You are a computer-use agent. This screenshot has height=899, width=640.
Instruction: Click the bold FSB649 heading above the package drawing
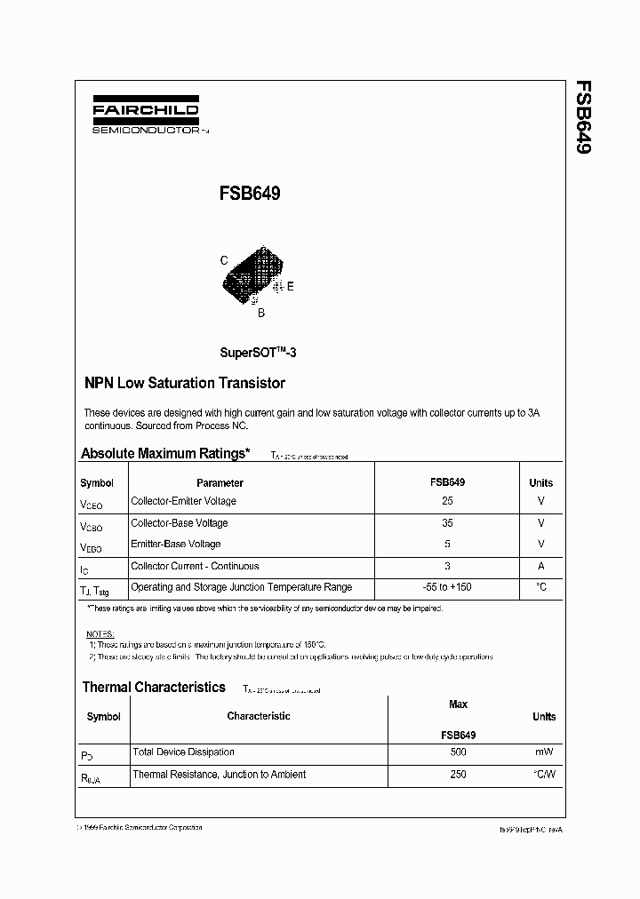[250, 193]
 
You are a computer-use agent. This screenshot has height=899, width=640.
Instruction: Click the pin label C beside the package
[224, 260]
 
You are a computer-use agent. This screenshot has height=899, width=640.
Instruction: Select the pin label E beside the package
[290, 286]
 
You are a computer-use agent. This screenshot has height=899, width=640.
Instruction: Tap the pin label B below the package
[260, 313]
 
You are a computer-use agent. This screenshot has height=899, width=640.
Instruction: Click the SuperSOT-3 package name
[258, 352]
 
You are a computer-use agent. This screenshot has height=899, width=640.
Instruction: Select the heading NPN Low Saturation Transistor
[184, 384]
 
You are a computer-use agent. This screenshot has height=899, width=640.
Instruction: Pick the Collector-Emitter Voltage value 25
[447, 501]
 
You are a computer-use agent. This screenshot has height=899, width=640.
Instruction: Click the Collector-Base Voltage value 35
[447, 523]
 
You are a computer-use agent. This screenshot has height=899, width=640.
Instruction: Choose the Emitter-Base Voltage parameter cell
[176, 544]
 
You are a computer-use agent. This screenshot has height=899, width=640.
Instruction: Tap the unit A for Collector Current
[540, 566]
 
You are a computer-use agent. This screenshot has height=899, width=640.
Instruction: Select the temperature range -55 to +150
[447, 587]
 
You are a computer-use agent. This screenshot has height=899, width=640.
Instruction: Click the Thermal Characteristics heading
[154, 687]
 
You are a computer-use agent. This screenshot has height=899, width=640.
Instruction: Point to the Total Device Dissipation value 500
[458, 752]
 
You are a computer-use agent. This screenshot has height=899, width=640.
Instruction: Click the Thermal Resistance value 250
[458, 774]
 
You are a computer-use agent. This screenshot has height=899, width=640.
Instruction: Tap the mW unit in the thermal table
[543, 752]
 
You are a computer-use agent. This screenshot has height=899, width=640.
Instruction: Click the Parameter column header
[220, 483]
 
